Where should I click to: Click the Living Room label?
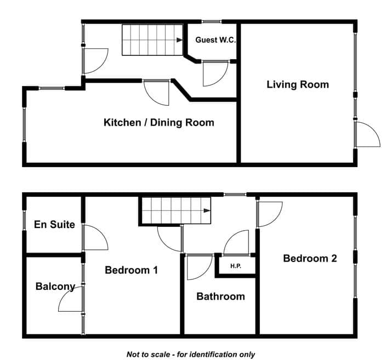click(298, 84)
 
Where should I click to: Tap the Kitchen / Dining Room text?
click(159, 122)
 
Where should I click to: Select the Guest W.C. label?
click(215, 40)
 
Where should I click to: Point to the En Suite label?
click(54, 225)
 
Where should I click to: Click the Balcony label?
click(55, 287)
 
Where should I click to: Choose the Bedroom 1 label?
click(131, 270)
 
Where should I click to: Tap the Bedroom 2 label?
click(310, 258)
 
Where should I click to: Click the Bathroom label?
click(220, 296)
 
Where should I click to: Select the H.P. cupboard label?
click(236, 266)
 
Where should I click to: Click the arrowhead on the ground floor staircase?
click(179, 40)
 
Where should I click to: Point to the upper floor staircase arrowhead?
click(207, 210)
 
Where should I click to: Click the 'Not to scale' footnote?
click(191, 355)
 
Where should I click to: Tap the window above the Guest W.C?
click(212, 22)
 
